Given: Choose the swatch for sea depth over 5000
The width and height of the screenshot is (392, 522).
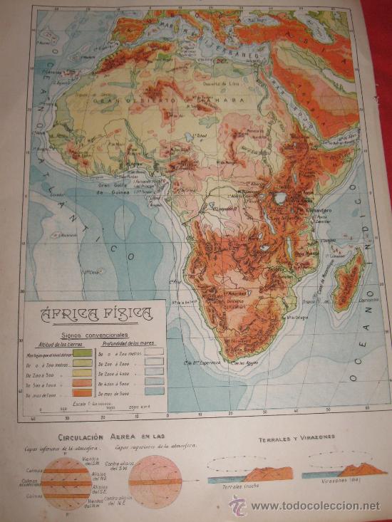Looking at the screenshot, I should (x=154, y=392).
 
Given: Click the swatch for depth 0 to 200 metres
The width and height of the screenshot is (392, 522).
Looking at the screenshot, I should (x=154, y=352).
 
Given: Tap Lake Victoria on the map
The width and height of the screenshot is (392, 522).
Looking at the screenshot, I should (x=280, y=198).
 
